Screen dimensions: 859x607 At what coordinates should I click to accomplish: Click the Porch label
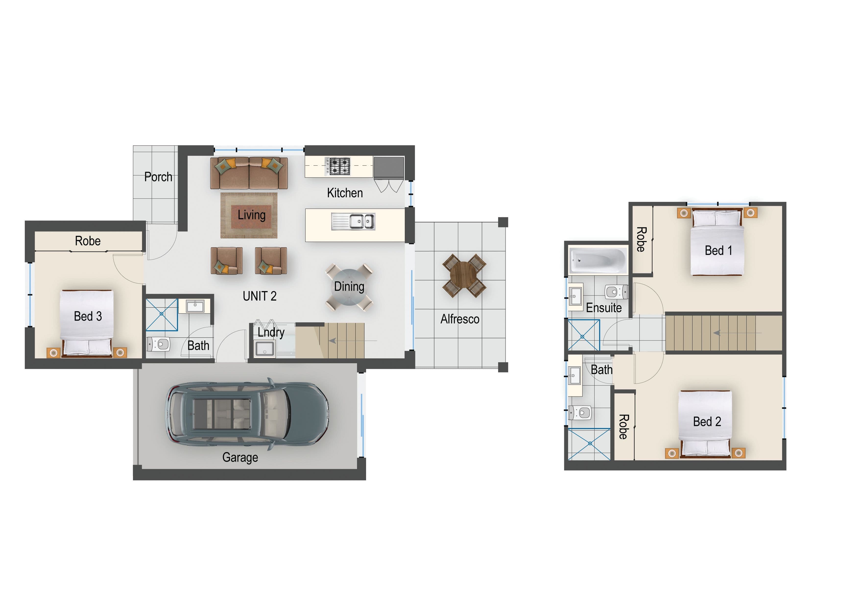[158, 177]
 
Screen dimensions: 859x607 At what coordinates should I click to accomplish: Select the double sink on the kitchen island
[353, 222]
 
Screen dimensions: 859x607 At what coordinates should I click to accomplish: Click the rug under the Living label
[249, 215]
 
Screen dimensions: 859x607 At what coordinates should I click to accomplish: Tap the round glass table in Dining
[349, 287]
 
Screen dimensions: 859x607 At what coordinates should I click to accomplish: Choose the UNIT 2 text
[260, 296]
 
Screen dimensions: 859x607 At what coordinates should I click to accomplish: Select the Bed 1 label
[718, 251]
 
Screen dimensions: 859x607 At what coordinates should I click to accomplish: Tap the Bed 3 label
[88, 316]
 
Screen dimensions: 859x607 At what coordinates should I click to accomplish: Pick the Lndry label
[271, 332]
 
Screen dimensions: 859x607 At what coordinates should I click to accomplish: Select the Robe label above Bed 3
[88, 241]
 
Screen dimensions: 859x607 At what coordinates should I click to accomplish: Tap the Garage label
[240, 457]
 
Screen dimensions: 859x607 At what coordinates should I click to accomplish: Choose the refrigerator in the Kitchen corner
[389, 168]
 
